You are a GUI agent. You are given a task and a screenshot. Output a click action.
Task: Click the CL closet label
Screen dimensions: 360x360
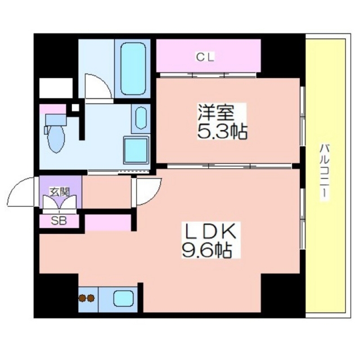205,57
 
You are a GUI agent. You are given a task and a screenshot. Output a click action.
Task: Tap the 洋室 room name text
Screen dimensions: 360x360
216,113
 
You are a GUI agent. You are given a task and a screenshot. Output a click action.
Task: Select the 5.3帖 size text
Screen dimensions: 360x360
222,132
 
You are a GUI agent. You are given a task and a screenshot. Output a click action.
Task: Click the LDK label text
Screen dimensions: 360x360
211,231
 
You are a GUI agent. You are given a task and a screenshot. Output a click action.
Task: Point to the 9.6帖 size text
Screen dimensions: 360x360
206,250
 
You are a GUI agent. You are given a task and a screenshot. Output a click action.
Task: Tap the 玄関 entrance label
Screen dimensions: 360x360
60,192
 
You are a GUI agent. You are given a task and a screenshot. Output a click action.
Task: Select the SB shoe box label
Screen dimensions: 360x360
58,221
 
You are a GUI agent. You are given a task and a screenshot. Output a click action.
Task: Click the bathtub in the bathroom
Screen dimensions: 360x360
133,69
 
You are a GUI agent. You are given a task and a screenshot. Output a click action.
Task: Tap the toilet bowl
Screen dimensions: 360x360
56,139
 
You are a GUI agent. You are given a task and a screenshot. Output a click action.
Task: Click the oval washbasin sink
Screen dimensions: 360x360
141,118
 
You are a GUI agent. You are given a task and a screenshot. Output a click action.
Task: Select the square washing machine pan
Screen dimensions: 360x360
136,150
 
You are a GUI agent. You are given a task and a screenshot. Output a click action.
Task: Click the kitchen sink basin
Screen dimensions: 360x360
124,298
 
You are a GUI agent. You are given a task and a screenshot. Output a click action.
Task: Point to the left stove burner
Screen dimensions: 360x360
82,298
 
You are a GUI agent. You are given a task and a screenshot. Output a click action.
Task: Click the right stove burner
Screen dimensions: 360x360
91,298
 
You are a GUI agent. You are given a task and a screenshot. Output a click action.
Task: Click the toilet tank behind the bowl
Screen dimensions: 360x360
56,120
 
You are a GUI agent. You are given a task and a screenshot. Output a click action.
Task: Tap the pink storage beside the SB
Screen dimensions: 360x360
108,223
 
